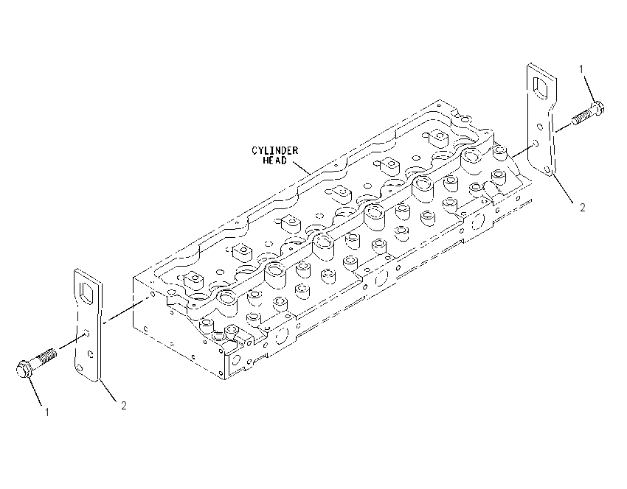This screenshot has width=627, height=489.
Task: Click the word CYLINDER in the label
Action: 274,151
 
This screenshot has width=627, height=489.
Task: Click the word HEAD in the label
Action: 274,161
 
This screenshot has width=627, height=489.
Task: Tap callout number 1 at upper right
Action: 581,69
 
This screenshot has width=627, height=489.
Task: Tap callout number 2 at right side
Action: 583,208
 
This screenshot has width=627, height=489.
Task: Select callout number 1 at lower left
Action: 46,412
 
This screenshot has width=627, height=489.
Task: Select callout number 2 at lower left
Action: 124,406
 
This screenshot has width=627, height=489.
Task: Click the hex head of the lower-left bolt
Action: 24,368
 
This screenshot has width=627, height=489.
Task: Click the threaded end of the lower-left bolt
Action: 48,354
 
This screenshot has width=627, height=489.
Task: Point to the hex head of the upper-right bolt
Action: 597,108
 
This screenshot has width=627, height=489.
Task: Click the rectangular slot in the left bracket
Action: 88,295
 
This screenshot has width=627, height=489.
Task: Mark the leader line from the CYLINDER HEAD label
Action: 302,167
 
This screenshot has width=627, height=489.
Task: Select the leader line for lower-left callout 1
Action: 35,392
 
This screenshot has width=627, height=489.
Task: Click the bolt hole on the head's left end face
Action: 153,295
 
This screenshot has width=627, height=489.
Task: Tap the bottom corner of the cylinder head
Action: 223,379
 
